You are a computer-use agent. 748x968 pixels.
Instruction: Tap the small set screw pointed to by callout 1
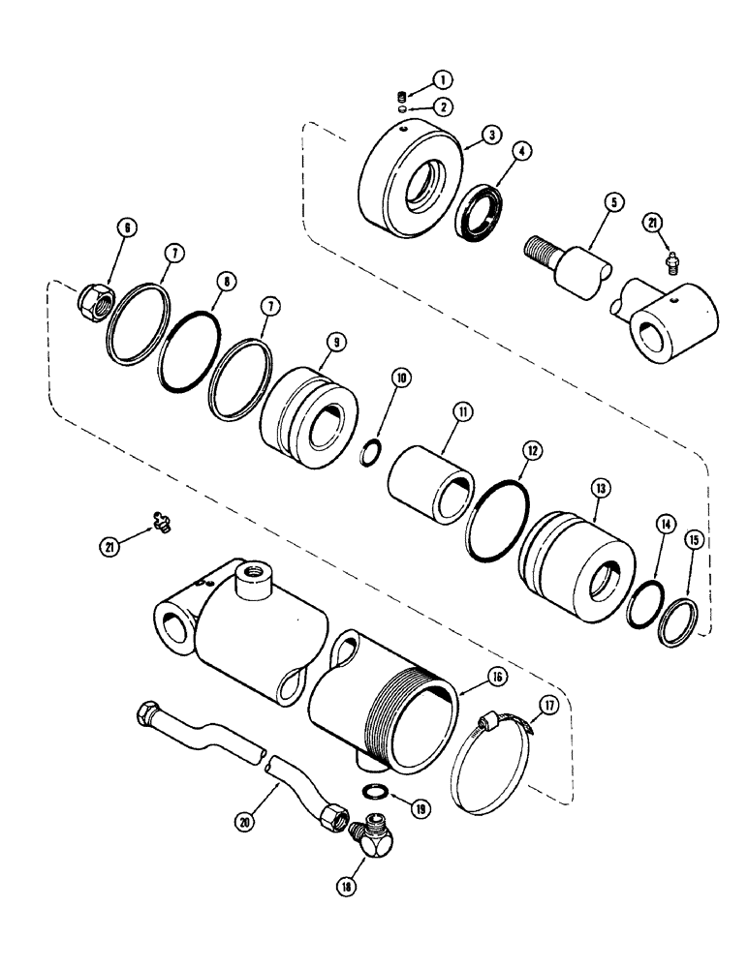click(x=400, y=96)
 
